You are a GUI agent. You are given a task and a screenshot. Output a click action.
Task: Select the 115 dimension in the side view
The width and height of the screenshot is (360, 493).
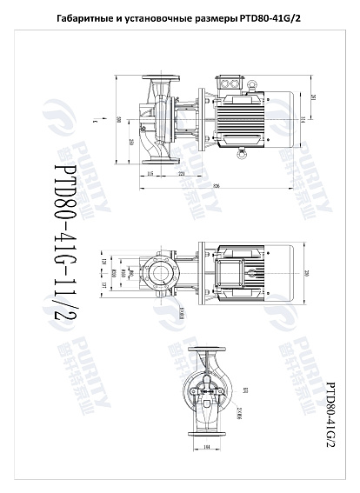click(150, 175)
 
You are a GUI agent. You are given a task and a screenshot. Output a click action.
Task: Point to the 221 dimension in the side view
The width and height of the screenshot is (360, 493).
click(180, 175)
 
